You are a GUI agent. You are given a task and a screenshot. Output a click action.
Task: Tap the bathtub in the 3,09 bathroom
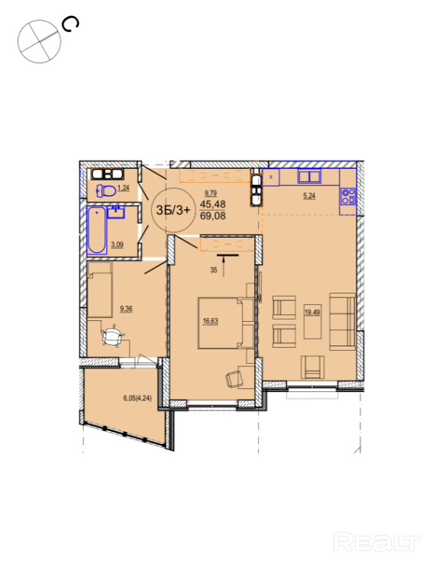(96, 230)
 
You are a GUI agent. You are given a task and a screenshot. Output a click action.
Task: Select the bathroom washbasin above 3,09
(116, 212)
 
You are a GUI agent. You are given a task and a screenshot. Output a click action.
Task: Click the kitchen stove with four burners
(347, 196)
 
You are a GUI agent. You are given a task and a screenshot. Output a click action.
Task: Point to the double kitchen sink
(309, 177)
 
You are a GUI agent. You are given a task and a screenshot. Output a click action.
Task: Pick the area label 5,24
(309, 196)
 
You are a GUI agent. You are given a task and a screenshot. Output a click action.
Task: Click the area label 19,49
(312, 313)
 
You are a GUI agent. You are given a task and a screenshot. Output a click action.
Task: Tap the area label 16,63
(211, 322)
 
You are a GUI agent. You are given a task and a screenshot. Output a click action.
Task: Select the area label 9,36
(126, 309)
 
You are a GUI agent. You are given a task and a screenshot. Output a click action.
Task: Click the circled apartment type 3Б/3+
(173, 210)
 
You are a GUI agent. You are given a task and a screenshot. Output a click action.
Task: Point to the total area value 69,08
(213, 216)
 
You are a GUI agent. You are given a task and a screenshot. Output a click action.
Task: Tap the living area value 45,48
(213, 204)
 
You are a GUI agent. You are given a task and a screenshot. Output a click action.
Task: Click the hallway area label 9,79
(211, 193)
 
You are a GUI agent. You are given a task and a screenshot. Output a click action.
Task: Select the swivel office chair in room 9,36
(113, 336)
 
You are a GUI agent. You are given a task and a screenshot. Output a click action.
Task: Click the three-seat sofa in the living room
(343, 322)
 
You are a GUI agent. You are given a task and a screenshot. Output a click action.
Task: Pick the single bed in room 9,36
(99, 290)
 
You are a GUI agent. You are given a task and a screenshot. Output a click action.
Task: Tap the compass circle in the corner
(40, 41)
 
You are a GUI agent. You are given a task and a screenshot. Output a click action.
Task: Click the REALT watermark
(376, 542)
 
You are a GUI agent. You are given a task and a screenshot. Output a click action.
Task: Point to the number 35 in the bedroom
(214, 270)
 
